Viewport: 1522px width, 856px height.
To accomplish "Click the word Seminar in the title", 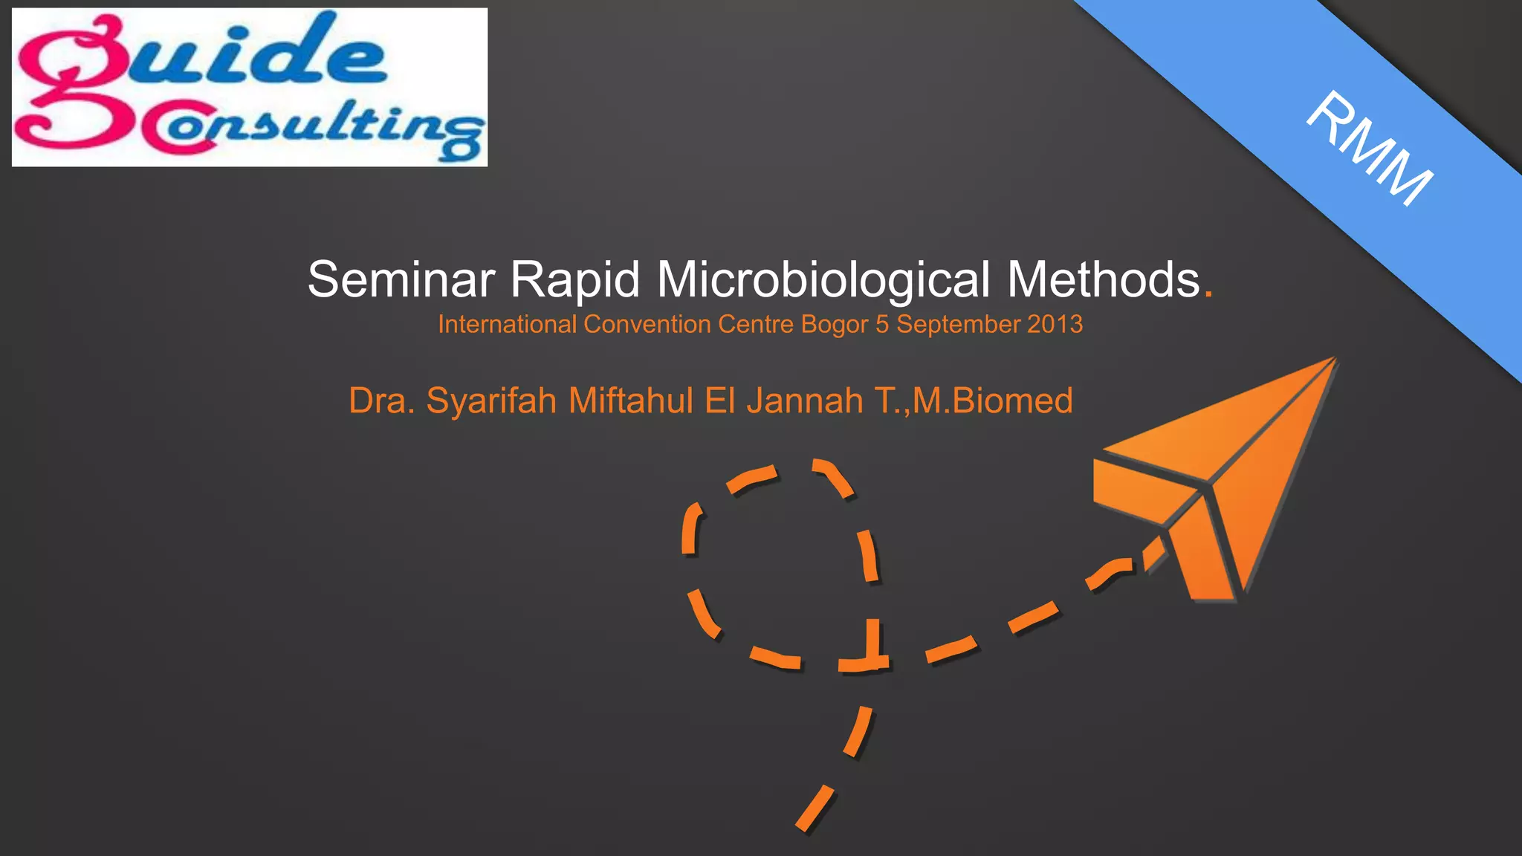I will pyautogui.click(x=401, y=280).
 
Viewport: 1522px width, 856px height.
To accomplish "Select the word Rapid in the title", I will pyautogui.click(x=574, y=280).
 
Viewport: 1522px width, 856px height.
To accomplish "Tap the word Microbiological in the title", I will pyautogui.click(x=823, y=280).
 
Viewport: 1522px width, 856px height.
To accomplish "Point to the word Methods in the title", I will pyautogui.click(x=1104, y=280).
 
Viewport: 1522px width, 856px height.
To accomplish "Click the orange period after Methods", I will pyautogui.click(x=1208, y=294).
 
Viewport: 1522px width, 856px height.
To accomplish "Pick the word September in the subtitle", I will pyautogui.click(x=959, y=325).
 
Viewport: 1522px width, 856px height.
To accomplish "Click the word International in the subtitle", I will pyautogui.click(x=507, y=325).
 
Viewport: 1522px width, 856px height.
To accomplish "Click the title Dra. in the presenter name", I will pyautogui.click(x=381, y=401).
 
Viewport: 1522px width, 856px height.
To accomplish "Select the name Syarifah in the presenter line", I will pyautogui.click(x=491, y=401).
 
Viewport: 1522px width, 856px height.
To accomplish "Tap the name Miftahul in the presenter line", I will pyautogui.click(x=631, y=401).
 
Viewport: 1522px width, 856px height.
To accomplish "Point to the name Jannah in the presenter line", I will pyautogui.click(x=805, y=401).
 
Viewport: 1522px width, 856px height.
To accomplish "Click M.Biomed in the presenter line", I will pyautogui.click(x=993, y=401).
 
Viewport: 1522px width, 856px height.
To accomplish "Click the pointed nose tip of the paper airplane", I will pyautogui.click(x=1335, y=360).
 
